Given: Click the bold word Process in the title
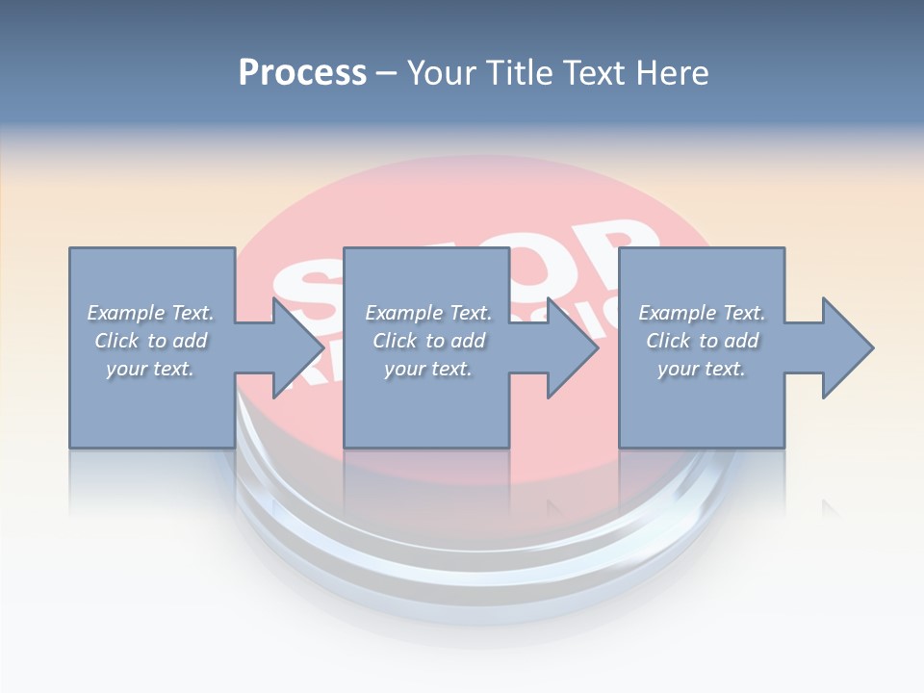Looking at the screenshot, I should point(302,73).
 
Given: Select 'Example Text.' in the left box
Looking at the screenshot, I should point(150,313).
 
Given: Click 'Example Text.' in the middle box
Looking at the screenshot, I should point(428,313).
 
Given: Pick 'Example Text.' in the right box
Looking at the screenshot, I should point(702,313).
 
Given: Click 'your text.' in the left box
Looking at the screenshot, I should point(150,369).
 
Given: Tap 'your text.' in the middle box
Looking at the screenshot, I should point(428,369).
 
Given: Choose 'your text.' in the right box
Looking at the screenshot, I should point(702,369).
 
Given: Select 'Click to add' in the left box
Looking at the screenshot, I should point(150,341).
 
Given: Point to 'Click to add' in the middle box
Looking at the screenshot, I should point(428,341).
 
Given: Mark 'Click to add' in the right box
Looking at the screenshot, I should point(702,341).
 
